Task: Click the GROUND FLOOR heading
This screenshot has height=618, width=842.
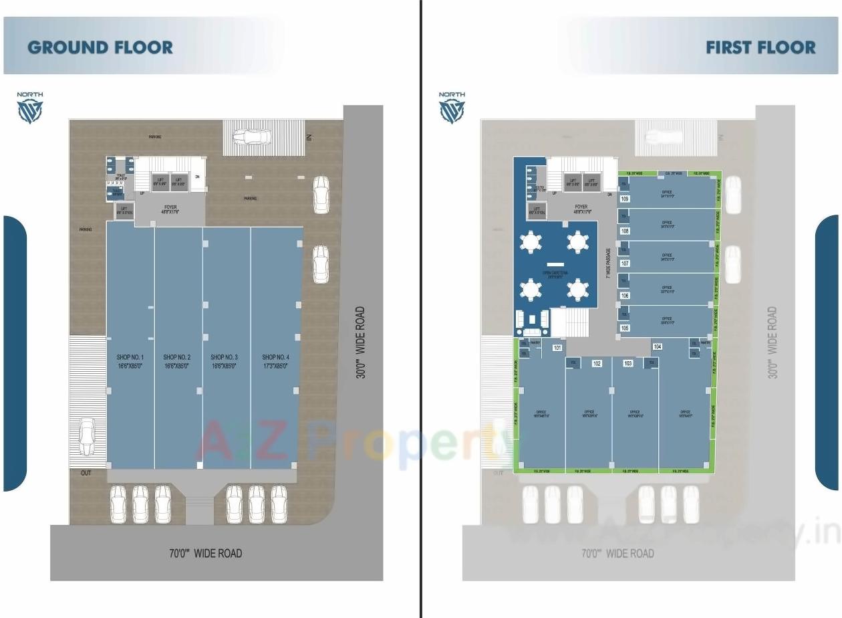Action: (100, 47)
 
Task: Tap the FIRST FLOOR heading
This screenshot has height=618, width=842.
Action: (760, 47)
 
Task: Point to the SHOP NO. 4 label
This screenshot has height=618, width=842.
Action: (275, 361)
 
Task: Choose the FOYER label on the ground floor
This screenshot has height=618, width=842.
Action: (170, 210)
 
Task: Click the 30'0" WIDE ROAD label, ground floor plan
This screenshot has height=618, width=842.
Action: (361, 342)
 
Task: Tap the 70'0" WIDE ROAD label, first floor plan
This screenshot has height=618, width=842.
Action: (617, 553)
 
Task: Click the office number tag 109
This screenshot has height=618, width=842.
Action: (625, 199)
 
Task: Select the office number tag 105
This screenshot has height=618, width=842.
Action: (625, 328)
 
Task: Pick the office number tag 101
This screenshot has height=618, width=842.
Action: (557, 348)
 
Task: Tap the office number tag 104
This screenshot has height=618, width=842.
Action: (658, 346)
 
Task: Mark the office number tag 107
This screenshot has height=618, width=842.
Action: (625, 264)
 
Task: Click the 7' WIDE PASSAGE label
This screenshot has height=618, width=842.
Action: (608, 264)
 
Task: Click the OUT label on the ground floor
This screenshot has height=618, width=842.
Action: (86, 473)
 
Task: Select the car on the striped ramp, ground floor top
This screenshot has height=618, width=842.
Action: (251, 136)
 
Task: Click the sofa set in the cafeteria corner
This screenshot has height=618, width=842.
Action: (533, 322)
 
